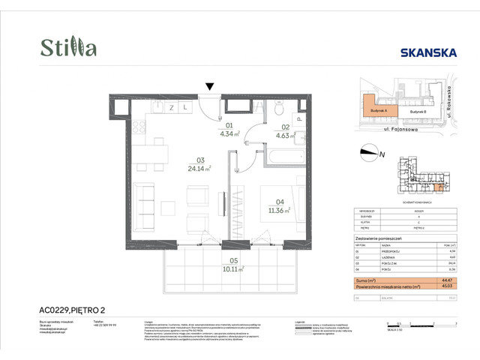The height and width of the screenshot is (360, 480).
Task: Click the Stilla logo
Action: tap(68, 48)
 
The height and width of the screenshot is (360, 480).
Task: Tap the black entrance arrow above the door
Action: tap(210, 87)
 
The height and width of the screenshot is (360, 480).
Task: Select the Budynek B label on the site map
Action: tap(417, 110)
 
